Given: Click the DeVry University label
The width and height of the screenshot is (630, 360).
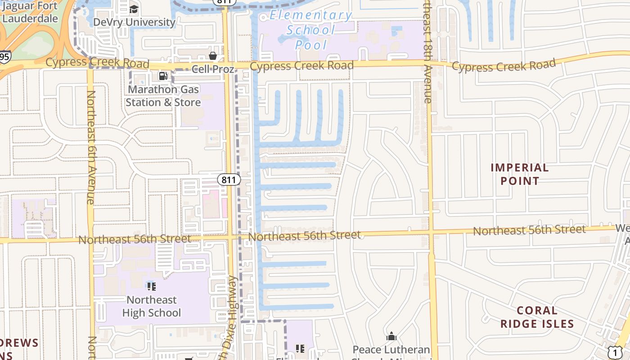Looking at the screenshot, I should [134, 22].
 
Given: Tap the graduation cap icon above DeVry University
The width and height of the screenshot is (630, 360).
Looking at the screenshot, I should [134, 9].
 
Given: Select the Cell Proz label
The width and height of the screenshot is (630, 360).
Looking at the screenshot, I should [213, 69].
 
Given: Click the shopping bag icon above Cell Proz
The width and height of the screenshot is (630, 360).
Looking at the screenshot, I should [213, 56].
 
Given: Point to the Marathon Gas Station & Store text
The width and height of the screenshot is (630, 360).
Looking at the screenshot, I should [163, 96].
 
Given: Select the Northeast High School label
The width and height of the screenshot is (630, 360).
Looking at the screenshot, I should [152, 306].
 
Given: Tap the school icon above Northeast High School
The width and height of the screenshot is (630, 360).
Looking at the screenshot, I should [152, 287].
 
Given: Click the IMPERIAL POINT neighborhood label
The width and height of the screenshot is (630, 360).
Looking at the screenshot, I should [520, 175].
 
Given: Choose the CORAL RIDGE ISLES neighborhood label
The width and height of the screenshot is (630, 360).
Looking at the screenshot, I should [537, 317].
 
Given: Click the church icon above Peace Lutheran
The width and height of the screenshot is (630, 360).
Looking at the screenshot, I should [391, 337].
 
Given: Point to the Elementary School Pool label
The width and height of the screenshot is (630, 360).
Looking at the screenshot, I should [311, 30].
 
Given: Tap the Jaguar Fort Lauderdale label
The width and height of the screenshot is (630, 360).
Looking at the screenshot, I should [30, 13].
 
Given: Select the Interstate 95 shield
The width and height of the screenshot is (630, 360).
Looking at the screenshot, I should [4, 57].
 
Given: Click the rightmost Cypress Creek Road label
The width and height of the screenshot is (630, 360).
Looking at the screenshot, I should [504, 66].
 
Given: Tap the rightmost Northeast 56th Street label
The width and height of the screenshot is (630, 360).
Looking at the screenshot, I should [529, 230].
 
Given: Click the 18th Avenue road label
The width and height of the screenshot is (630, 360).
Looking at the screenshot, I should [427, 54].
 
